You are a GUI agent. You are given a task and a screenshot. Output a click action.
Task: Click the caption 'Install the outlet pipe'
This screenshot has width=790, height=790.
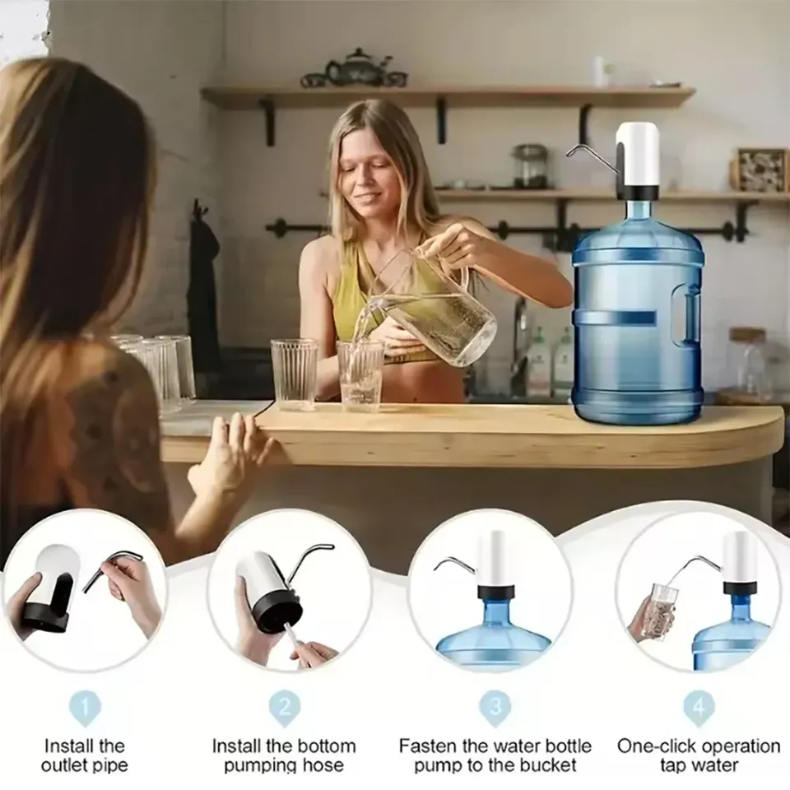tap(85, 755)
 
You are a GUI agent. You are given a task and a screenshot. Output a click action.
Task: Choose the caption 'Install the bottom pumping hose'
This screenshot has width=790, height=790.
tap(285, 755)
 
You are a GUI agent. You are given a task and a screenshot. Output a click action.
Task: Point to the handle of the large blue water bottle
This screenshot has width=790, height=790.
tap(685, 316)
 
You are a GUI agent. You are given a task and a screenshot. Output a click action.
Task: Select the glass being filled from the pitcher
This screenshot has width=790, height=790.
tap(360, 374)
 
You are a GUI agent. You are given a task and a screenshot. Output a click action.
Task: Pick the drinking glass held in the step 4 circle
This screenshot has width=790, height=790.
tap(662, 609)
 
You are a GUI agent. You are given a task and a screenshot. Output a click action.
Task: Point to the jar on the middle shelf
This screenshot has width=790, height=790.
tap(530, 166)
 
